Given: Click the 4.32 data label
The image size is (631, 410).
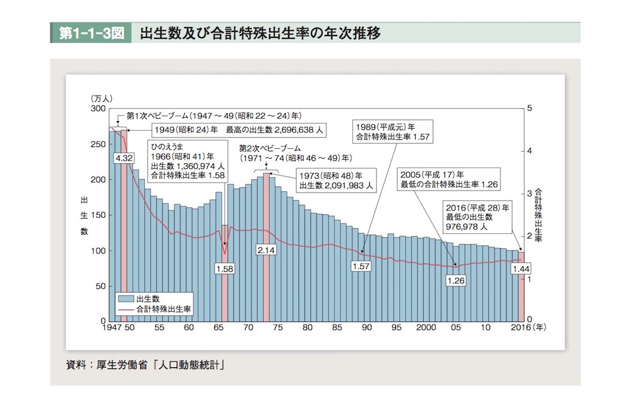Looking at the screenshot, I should point(124,158).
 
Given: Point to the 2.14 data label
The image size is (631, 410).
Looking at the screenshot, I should point(266,250).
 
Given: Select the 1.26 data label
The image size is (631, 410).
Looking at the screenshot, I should point(456,281).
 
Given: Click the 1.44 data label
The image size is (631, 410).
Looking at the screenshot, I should point(521,269).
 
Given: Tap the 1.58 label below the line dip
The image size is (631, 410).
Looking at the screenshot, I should point(225,269).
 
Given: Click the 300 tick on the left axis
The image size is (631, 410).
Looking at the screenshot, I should point(98,109).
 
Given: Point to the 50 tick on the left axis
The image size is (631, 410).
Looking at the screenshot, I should point(100,286).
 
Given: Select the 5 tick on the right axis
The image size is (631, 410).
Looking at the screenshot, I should point(529,108).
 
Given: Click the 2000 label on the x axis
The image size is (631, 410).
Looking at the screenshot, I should point(426,328).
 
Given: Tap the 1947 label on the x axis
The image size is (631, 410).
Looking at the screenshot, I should point(112,328).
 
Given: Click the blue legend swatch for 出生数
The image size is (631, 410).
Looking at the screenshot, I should point(126,299).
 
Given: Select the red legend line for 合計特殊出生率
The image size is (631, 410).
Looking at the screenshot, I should point(126,309).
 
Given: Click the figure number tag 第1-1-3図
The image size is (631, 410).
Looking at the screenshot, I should point(91,33).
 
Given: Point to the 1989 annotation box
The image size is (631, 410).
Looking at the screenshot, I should point(393,131).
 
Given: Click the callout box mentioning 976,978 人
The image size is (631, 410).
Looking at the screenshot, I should point(477,217).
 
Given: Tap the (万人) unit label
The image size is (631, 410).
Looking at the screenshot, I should point(101,98).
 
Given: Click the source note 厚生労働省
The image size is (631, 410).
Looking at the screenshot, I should point(122,365).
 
